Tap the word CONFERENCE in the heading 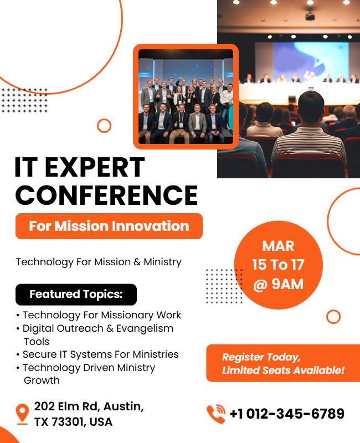[106, 195]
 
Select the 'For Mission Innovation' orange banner [109, 226]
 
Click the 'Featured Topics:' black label [76, 294]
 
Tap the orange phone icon [216, 414]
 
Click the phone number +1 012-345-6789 [287, 414]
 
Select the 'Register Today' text [261, 357]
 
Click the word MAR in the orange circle [278, 245]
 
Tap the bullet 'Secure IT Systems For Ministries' [100, 354]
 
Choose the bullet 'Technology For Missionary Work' [101, 315]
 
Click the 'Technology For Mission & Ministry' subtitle [99, 261]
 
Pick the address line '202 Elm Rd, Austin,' [89, 406]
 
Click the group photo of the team [186, 96]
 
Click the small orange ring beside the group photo [104, 126]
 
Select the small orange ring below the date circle [333, 317]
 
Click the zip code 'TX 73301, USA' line [73, 422]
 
